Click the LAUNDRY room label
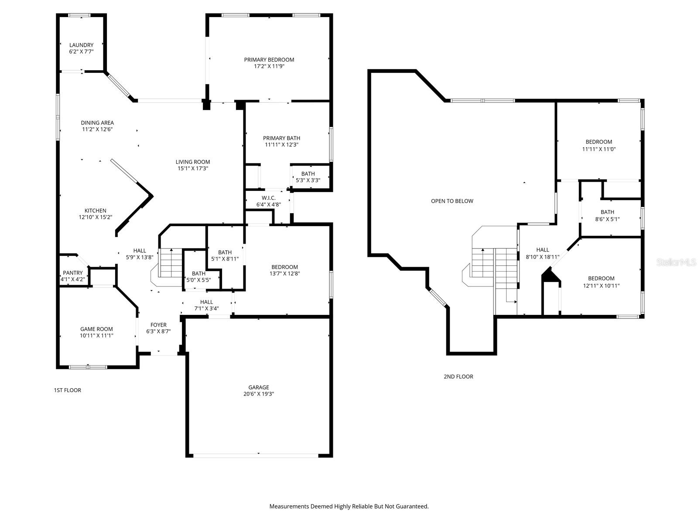[x=81, y=45]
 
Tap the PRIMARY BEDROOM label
[x=269, y=59]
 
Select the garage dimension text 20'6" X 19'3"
[x=259, y=394]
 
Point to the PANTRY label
[x=72, y=272]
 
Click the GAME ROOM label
[x=96, y=329]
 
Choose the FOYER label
[x=158, y=325]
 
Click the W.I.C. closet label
[x=268, y=198]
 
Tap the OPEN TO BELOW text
[x=452, y=201]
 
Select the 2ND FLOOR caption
[x=458, y=376]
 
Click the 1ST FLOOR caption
[x=67, y=390]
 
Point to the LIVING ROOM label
[x=193, y=162]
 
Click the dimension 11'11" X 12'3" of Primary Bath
[x=281, y=145]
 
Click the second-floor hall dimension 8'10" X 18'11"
[x=543, y=257]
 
